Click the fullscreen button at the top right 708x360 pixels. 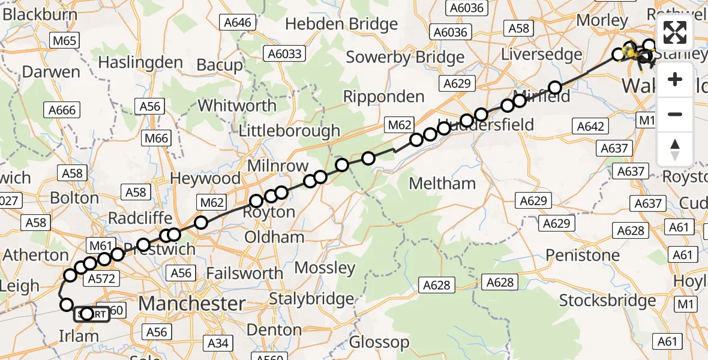[675, 33]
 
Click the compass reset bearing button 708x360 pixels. [675, 149]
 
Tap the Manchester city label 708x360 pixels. [192, 303]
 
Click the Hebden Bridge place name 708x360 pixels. [341, 24]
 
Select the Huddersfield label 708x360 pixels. [487, 124]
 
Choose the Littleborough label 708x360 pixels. [289, 131]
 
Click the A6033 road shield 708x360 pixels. [285, 54]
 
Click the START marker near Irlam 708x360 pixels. [92, 314]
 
